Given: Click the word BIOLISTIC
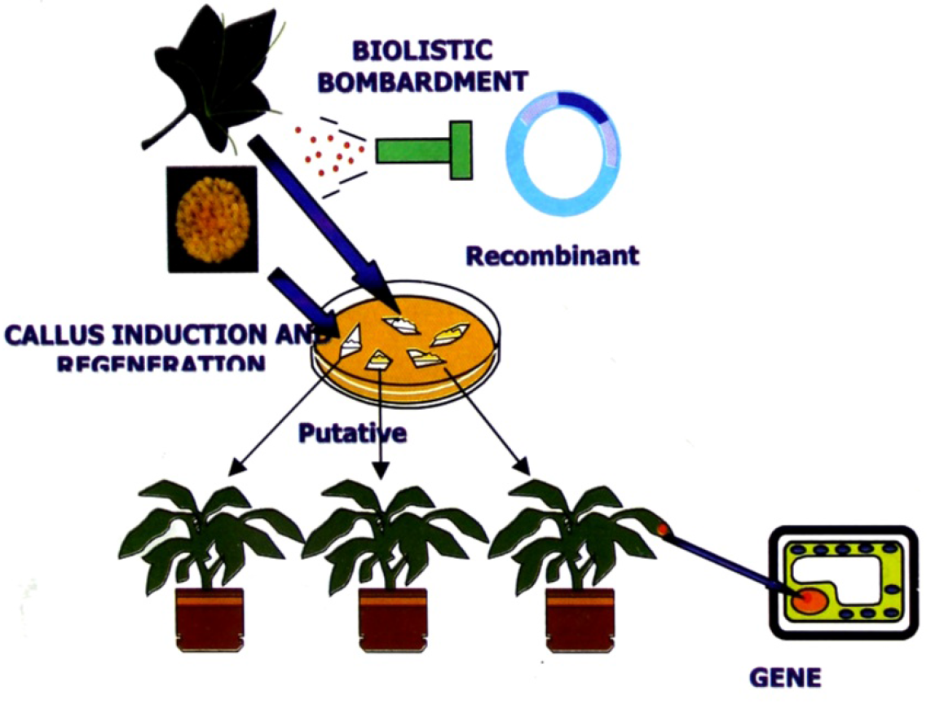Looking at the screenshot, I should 421,51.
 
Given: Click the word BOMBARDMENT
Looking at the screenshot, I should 421,81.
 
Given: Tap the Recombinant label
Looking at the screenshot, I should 552,256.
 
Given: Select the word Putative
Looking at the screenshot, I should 351,433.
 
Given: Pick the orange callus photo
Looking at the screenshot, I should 211,218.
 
